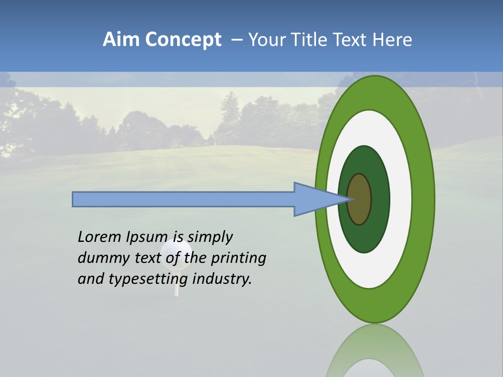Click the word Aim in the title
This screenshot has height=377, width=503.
click(122, 40)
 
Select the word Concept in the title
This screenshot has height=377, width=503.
click(183, 40)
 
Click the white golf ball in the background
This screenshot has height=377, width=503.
click(176, 251)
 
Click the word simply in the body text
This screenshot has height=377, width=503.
click(210, 237)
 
